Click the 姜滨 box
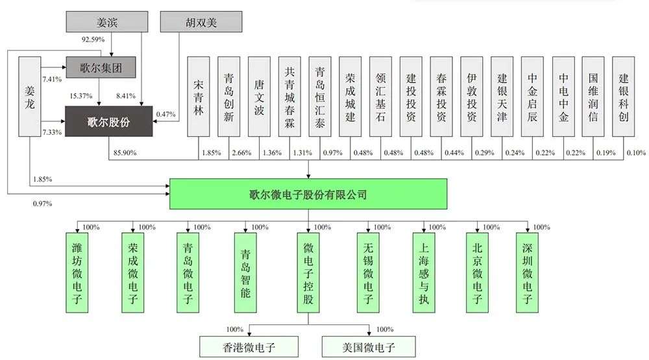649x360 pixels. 107,22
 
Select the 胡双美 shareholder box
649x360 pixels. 201,22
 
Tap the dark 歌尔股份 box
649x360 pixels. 109,121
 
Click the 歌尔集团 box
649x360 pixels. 101,67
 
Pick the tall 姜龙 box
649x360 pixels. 30,97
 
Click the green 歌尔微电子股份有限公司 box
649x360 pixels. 308,194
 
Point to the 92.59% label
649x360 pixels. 93,40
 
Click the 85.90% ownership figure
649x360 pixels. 125,152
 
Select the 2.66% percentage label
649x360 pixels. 241,152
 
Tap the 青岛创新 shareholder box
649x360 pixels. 229,97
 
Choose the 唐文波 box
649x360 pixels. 259,97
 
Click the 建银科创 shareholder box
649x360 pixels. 623,97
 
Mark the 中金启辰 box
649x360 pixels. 532,97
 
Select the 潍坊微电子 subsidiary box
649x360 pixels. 77,272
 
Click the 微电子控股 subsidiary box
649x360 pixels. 308,272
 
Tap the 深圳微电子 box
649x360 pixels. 527,272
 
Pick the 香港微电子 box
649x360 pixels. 249,347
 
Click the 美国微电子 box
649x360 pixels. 369,347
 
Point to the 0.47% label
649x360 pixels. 166,114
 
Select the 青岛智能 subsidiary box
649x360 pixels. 245,272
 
